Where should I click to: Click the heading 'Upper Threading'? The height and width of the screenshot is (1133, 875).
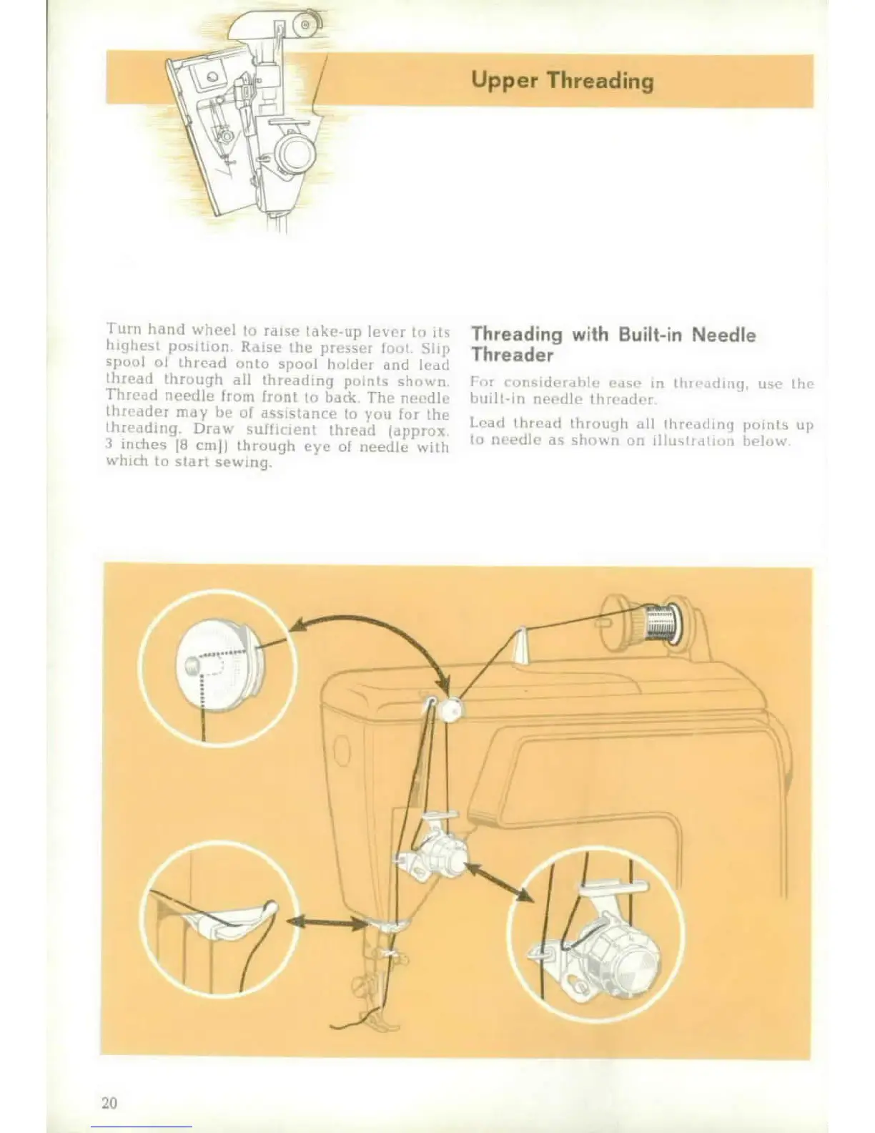pos(562,80)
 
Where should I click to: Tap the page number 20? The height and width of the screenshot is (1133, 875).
pos(109,1102)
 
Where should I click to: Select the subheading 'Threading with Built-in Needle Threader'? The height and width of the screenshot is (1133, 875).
pos(613,344)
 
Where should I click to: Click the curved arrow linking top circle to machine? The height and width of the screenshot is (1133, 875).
pos(378,629)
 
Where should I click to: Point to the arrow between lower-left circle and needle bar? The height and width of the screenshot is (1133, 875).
pos(325,922)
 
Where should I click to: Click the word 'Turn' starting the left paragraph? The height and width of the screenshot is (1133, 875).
pos(122,330)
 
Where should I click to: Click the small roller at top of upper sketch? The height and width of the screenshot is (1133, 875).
pos(305,26)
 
